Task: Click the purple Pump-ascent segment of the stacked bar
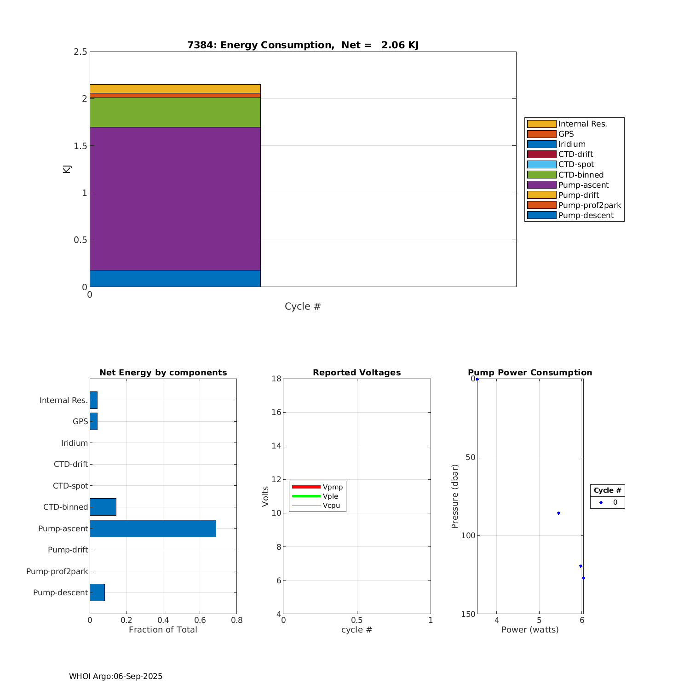pos(175,198)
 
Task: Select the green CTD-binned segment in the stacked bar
pos(175,112)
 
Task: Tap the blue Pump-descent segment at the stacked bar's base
pos(175,278)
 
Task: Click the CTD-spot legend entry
pos(576,165)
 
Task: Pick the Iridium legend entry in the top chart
pos(572,144)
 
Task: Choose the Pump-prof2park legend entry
pos(589,205)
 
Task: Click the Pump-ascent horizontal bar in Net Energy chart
pos(153,529)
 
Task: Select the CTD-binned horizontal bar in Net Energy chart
pos(103,507)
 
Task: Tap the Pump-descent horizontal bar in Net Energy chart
pos(97,592)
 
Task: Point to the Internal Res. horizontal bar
pos(93,400)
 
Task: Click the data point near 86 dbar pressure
pos(558,513)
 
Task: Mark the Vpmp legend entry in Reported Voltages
pos(333,487)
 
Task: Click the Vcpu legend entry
pos(331,506)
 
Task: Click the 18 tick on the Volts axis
pos(276,379)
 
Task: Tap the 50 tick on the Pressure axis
pos(470,457)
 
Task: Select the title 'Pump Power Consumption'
pos(530,373)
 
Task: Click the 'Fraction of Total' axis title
pos(163,630)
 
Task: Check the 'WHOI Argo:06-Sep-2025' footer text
pos(116,676)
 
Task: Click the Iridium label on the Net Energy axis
pos(75,443)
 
